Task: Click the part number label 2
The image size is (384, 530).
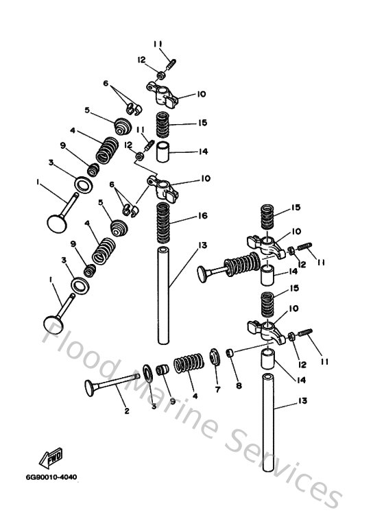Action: click(127, 411)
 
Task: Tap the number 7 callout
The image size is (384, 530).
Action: click(217, 390)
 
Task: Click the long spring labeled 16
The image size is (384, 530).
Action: click(163, 224)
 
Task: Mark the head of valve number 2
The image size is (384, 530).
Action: click(90, 387)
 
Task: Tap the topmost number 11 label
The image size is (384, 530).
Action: click(159, 45)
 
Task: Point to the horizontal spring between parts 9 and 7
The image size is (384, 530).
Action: click(186, 363)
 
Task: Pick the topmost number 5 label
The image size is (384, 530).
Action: click(87, 110)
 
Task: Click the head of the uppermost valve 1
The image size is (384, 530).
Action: click(56, 221)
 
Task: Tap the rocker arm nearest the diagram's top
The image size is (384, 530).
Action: click(162, 90)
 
